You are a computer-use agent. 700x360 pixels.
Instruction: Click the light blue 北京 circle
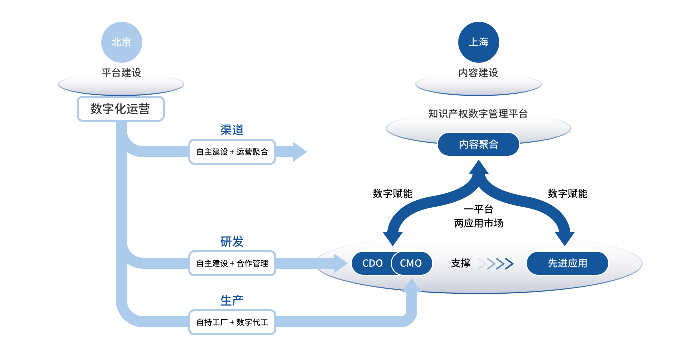point(122,42)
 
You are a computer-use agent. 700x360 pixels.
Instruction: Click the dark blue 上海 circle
point(479,42)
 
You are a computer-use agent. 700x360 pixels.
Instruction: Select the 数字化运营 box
point(120,109)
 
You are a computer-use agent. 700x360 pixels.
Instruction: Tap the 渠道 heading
point(232,130)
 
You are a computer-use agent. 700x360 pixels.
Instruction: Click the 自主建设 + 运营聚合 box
point(232,152)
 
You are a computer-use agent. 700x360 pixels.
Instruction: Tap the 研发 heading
point(232,241)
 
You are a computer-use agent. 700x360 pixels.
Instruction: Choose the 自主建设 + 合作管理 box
point(232,263)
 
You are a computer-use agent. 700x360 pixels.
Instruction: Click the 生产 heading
point(232,301)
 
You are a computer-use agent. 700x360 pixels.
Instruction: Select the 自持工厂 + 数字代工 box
point(232,322)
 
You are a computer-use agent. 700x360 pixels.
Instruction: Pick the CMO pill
point(412,263)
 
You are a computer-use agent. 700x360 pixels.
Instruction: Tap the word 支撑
point(460,263)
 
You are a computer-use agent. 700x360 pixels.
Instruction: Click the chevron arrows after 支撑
point(496,263)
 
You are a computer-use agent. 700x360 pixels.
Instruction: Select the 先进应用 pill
point(567,263)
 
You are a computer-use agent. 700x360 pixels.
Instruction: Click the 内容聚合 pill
point(478,144)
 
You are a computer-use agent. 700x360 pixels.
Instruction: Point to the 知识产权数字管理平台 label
point(478,114)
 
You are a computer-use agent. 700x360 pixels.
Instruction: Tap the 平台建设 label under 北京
point(121,73)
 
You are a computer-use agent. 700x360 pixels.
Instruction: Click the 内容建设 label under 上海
point(478,73)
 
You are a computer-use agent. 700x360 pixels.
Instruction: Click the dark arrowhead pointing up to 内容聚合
point(479,167)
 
